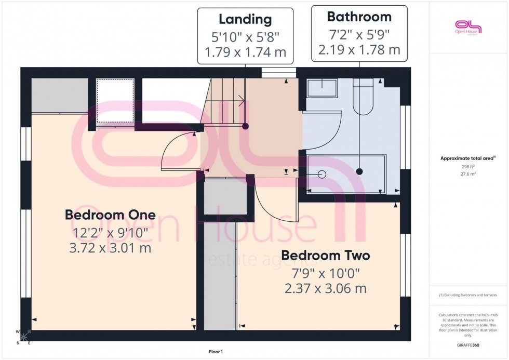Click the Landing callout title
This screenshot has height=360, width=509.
tap(245, 20)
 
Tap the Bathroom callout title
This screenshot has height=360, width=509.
tap(359, 17)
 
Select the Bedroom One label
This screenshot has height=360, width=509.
tap(110, 215)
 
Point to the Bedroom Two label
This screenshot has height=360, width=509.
tap(326, 256)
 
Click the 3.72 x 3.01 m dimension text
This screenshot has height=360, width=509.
tap(110, 248)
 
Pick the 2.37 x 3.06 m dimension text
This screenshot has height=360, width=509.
tap(326, 288)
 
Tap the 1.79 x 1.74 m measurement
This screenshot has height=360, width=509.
tap(245, 52)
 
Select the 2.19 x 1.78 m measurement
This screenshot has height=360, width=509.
tap(359, 50)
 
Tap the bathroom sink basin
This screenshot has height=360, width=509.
tap(323, 87)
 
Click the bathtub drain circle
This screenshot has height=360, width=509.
tap(322, 174)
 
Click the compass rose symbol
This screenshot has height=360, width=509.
tap(23, 337)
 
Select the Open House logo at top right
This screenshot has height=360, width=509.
tap(468, 26)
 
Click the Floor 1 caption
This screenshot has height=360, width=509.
tap(216, 352)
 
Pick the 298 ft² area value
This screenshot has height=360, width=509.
tap(468, 166)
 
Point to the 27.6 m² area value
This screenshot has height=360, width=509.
tap(468, 174)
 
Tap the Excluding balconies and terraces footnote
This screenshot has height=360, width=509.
tap(468, 295)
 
